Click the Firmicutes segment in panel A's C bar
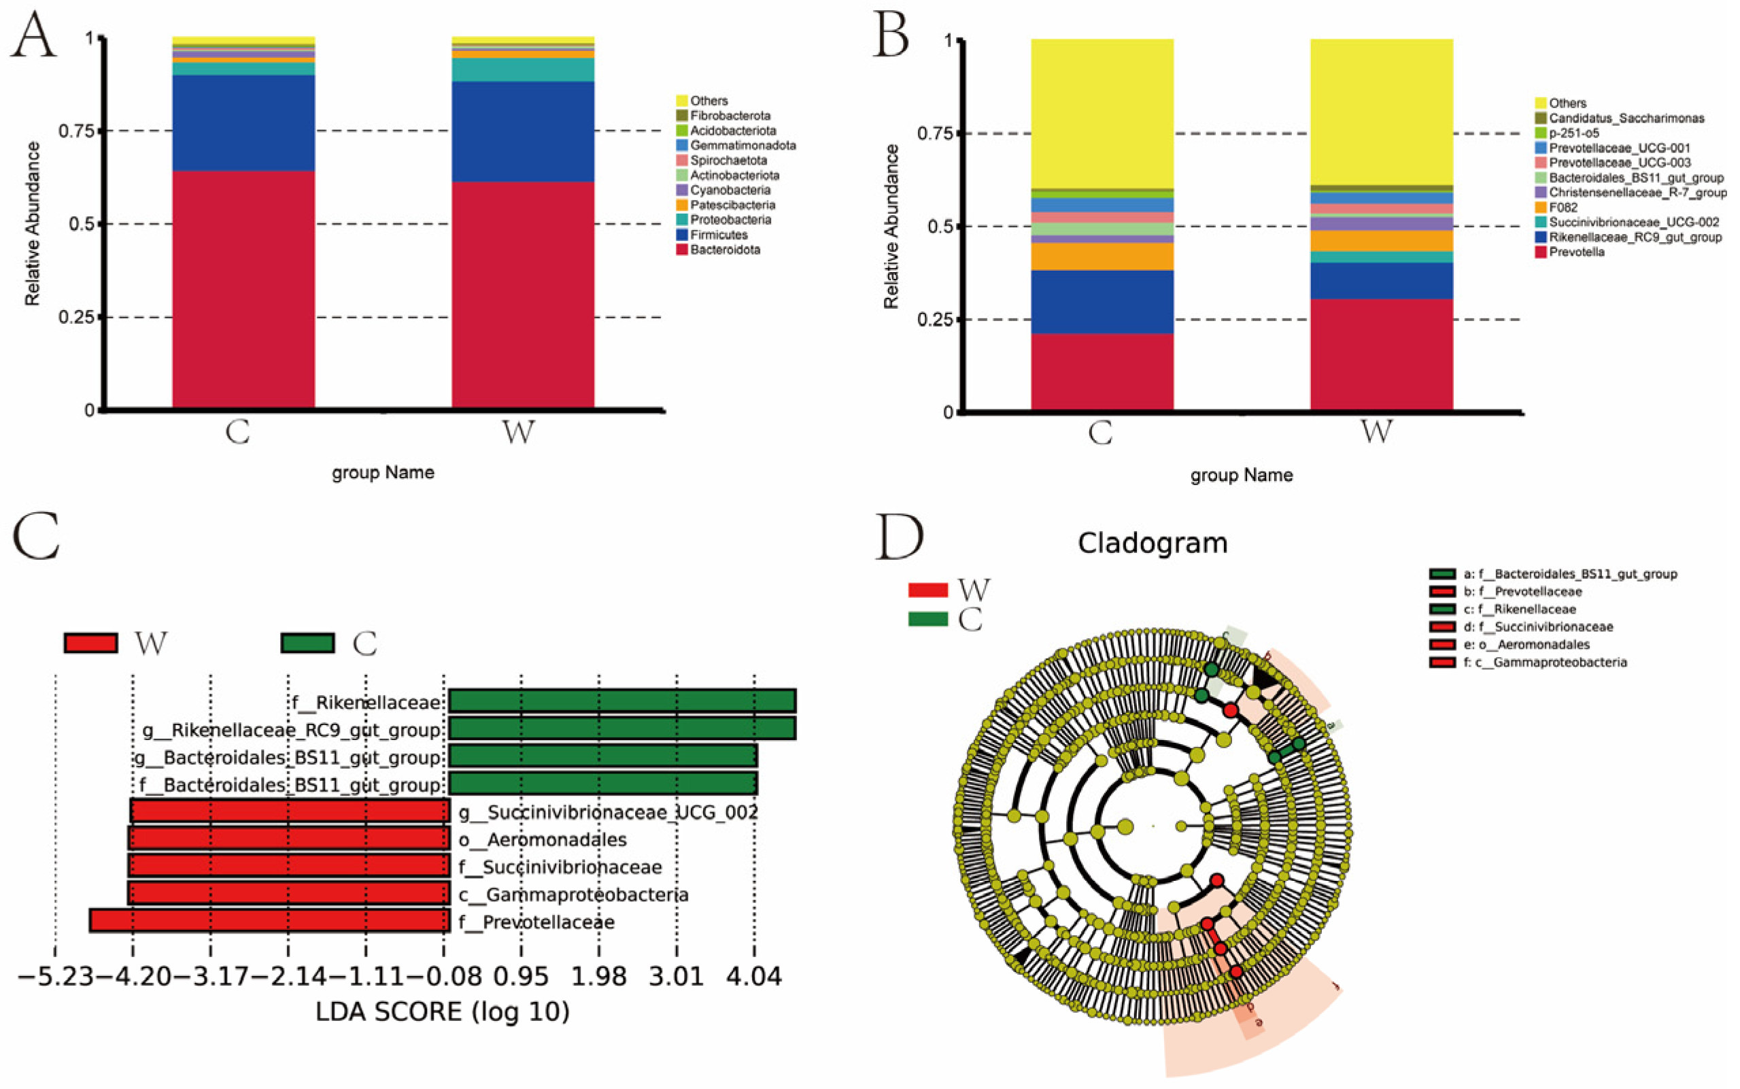coord(243,122)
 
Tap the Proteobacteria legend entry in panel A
coord(730,220)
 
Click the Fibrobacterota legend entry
coord(730,115)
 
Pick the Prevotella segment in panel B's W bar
coord(1381,353)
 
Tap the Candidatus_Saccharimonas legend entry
coord(1626,118)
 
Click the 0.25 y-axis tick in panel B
coord(935,319)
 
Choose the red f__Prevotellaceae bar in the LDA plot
coord(269,921)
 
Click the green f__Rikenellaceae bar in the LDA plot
coord(622,701)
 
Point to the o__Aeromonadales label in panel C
coord(543,840)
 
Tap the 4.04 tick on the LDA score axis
coord(754,977)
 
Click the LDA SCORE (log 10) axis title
coord(442,1012)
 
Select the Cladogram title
coord(1152,543)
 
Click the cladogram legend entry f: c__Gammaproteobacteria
coord(1545,662)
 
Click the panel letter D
coord(899,537)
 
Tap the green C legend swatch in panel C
coord(307,643)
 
